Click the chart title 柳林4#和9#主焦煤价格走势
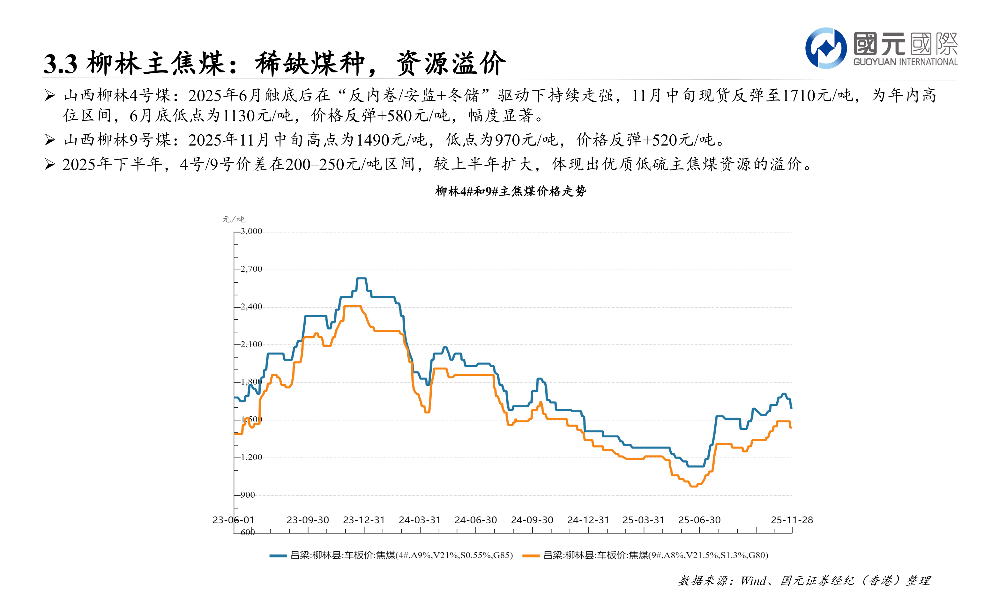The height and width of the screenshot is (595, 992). pos(511,191)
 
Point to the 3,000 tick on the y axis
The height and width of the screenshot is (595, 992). pos(251,231)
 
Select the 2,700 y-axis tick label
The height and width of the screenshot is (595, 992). pos(251,269)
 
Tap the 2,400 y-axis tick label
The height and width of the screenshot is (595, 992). pos(251,307)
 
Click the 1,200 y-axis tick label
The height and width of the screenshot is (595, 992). pos(251,457)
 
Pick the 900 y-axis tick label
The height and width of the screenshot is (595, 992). pos(248,495)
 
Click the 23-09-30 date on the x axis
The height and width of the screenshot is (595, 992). pos(308,520)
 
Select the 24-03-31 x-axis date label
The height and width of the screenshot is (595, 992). pos(419,520)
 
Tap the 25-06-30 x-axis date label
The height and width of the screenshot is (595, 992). pos(699,520)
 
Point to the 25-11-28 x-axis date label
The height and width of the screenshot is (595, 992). pos(792,520)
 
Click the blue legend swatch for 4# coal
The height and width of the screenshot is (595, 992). pos(278,556)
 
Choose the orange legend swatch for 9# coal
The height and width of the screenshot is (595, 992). pos(531,556)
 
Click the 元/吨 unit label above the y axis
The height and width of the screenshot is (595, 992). pos(234,219)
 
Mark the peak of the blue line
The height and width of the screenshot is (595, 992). pos(361,278)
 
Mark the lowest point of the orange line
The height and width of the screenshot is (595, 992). pos(693,486)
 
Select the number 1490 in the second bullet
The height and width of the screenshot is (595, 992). pos(372,140)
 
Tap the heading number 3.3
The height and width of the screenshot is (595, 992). pos(60,64)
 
